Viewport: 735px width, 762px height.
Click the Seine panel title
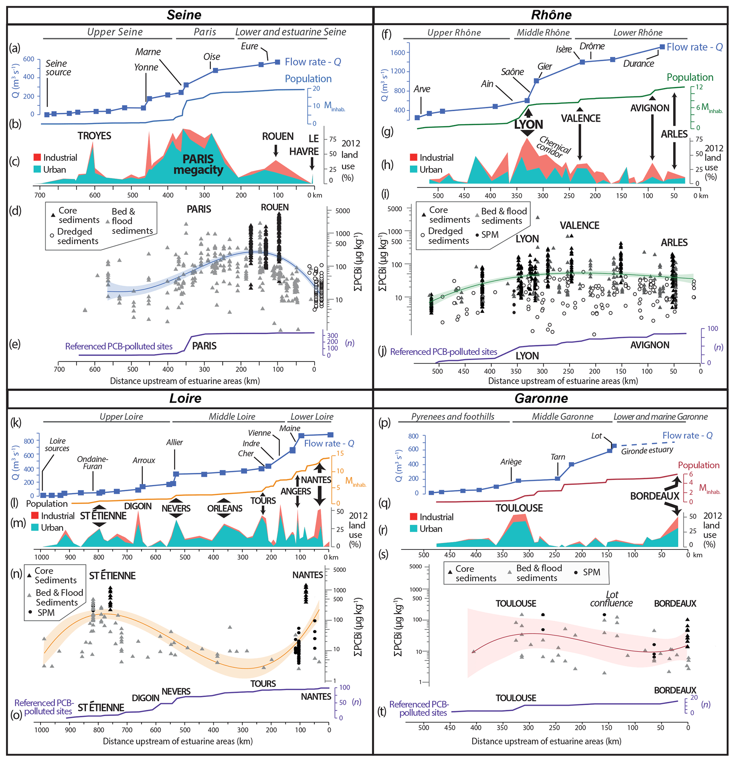184,15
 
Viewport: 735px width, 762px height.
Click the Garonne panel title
541,398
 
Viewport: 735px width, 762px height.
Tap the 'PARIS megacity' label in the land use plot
198,165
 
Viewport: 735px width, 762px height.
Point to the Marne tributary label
148,52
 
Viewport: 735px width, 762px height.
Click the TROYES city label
94,136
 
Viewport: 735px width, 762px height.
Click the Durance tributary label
638,63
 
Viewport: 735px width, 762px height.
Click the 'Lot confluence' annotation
611,599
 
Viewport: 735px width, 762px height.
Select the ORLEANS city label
224,509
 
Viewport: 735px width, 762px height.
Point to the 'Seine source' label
58,68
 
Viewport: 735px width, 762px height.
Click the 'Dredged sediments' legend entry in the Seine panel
75,236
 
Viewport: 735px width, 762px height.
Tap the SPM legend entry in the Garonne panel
591,572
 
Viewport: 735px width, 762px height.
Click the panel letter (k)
15,423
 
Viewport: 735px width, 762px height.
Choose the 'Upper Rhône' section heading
454,33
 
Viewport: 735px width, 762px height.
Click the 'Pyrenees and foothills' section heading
453,417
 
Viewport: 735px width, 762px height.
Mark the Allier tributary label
174,442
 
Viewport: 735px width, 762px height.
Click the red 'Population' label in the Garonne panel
698,465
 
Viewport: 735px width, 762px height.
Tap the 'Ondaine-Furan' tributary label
92,463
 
